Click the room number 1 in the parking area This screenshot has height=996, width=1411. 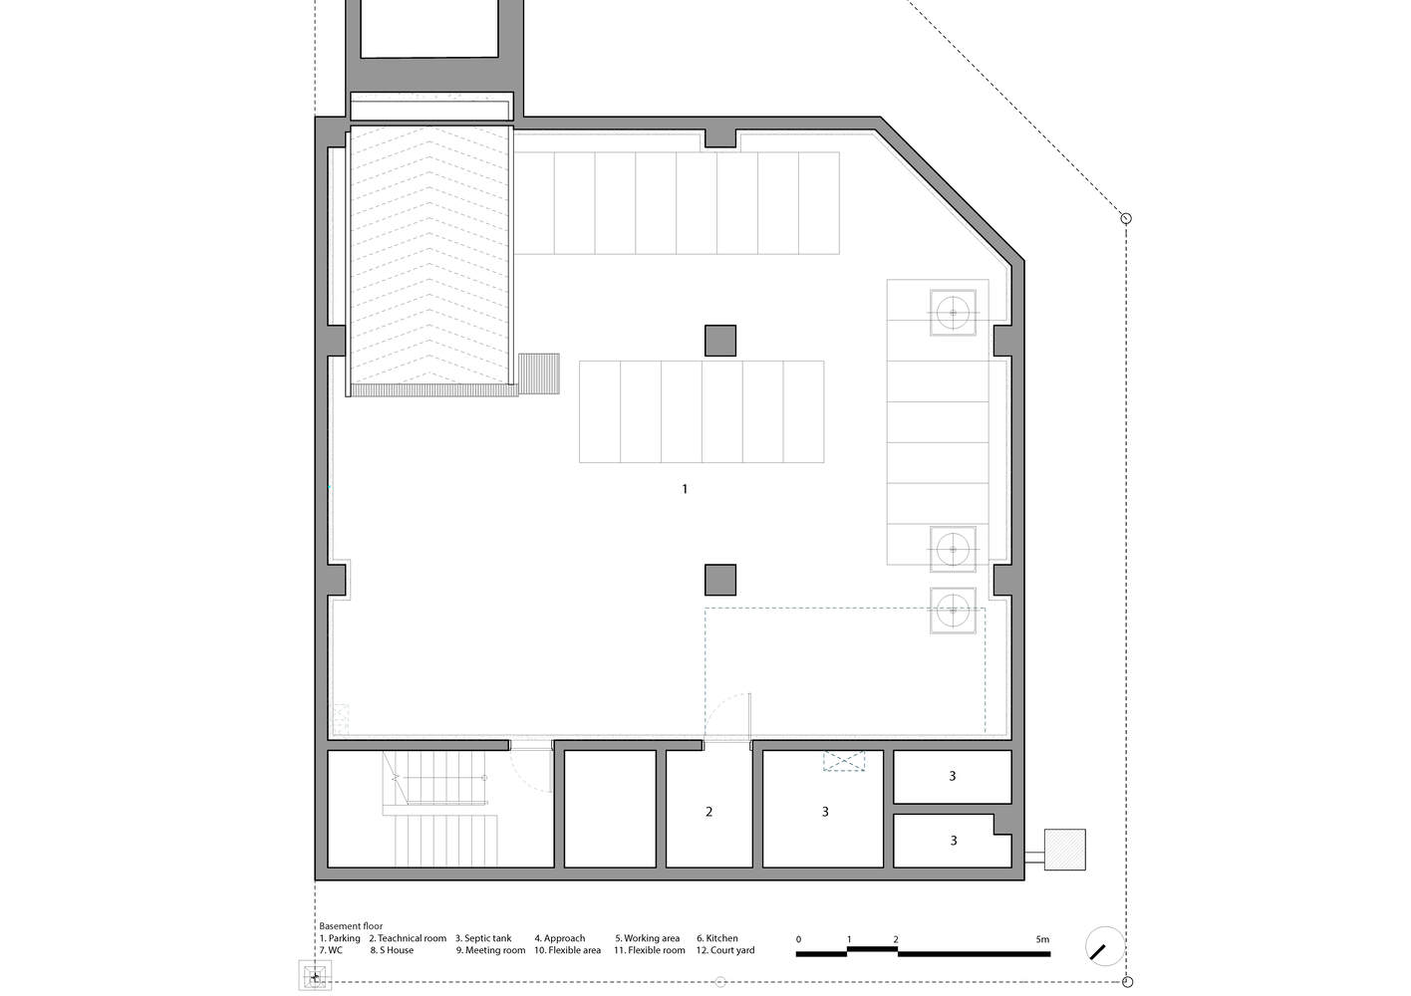685,489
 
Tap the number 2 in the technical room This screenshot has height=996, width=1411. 709,812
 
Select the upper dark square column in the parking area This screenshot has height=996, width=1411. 720,341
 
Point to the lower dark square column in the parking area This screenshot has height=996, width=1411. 720,580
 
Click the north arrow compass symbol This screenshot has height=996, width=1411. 1104,946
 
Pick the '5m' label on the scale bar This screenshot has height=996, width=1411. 1041,939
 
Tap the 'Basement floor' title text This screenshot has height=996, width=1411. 351,926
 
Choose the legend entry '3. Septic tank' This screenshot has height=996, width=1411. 483,938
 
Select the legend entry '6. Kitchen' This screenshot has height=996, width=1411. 717,938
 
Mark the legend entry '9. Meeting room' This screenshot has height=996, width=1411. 490,950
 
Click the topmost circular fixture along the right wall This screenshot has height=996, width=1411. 954,313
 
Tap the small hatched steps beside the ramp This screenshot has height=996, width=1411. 539,373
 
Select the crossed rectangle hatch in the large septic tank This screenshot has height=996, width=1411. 844,761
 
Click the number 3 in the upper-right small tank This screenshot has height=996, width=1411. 953,776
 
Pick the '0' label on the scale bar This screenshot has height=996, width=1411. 798,939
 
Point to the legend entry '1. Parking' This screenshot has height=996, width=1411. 340,938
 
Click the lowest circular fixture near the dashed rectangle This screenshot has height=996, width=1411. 954,610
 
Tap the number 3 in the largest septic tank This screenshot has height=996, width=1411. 825,812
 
